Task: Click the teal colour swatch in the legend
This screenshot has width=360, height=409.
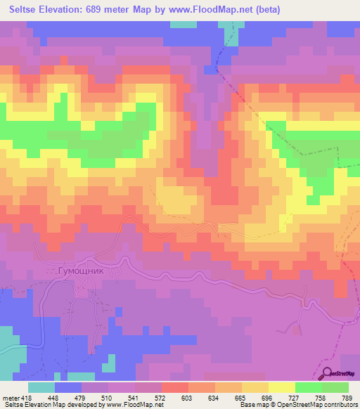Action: pyautogui.click(x=41, y=387)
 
